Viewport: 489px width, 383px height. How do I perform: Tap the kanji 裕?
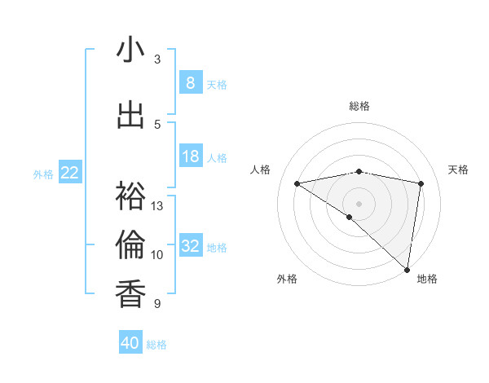(x=130, y=196)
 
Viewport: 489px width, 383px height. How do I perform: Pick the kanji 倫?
(x=130, y=244)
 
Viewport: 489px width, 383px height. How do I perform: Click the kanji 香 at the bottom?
(x=130, y=293)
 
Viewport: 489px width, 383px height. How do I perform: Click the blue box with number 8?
(x=190, y=82)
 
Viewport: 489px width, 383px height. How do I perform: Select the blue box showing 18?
(x=190, y=156)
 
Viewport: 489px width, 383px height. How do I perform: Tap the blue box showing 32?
(x=190, y=246)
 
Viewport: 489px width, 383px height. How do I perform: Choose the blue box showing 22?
(x=70, y=172)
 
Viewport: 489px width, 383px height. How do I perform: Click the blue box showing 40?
(x=130, y=343)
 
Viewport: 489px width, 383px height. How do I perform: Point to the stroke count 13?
(x=158, y=206)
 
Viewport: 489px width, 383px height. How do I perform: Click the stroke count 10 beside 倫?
(x=158, y=255)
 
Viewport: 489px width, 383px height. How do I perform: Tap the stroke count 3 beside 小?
(x=157, y=59)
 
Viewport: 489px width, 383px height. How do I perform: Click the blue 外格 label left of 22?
(x=43, y=174)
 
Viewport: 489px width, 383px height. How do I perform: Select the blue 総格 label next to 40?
(x=156, y=345)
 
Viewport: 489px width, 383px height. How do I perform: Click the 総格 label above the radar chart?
(x=359, y=107)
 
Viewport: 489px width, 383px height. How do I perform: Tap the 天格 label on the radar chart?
(x=459, y=169)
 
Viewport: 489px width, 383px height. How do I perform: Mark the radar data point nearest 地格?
(x=407, y=269)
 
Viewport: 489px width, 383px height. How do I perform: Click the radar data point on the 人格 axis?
(x=297, y=183)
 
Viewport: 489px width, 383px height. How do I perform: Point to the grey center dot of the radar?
(x=359, y=203)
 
